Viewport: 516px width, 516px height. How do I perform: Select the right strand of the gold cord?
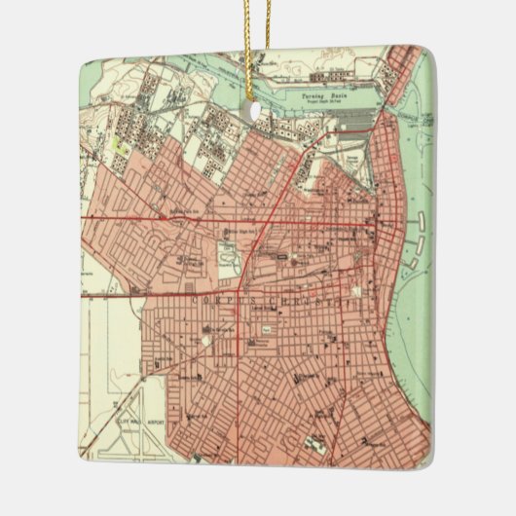pyautogui.click(x=263, y=49)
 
